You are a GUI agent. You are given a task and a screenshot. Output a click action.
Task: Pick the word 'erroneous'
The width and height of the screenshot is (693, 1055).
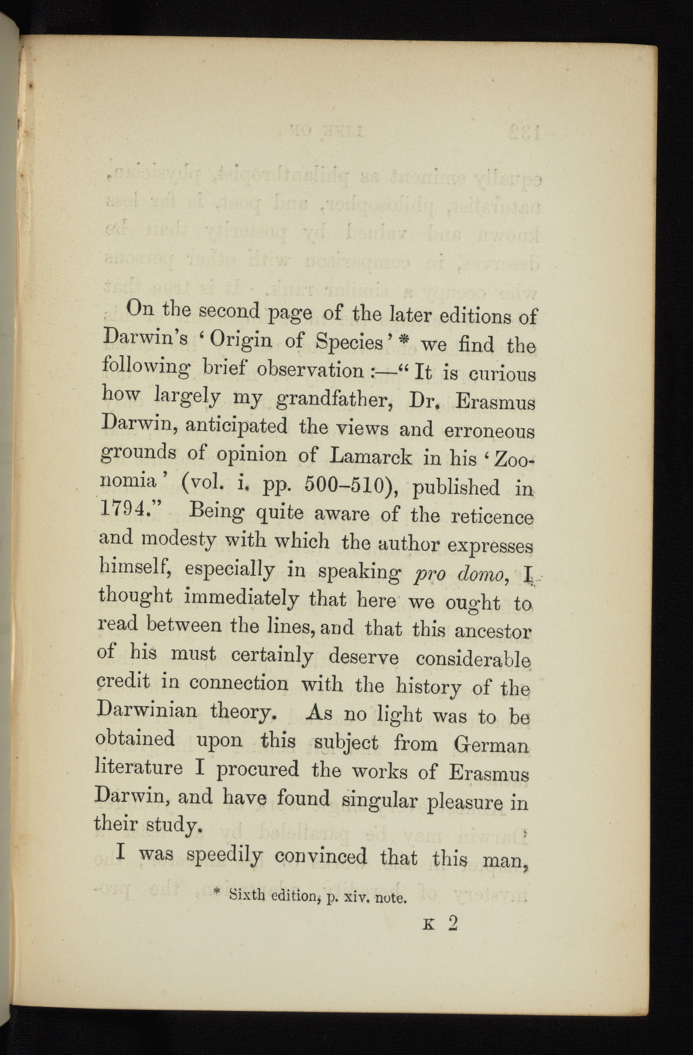tap(490, 431)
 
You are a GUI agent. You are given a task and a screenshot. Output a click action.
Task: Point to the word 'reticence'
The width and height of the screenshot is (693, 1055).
tap(493, 518)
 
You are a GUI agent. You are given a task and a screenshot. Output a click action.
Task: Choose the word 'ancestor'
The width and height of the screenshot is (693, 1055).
tap(493, 632)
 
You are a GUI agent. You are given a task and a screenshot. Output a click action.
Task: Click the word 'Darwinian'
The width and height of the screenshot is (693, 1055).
tap(146, 711)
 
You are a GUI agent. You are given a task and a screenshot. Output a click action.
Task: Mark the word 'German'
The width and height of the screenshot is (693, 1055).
tap(491, 745)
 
